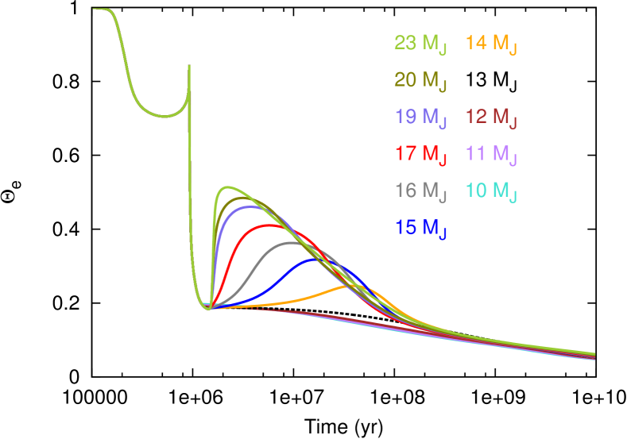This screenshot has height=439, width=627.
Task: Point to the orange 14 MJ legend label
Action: (491, 44)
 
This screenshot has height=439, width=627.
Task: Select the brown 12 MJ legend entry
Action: (491, 117)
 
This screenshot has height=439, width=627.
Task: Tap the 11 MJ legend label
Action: (491, 154)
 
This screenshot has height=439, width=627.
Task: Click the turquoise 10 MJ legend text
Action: (491, 191)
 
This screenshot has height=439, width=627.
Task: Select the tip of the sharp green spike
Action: (189, 66)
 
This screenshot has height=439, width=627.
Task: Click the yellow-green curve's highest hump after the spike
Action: (229, 187)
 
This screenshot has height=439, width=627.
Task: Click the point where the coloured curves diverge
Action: (208, 307)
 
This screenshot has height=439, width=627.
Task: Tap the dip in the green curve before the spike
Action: (164, 116)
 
